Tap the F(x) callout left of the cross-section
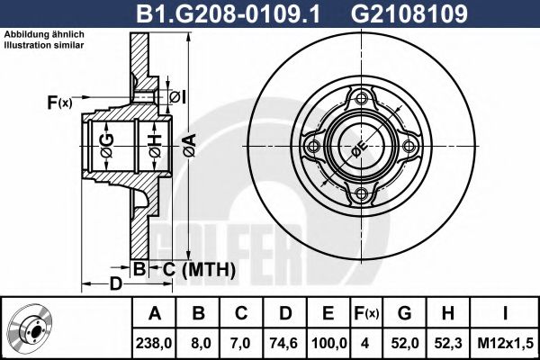pyautogui.click(x=59, y=103)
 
